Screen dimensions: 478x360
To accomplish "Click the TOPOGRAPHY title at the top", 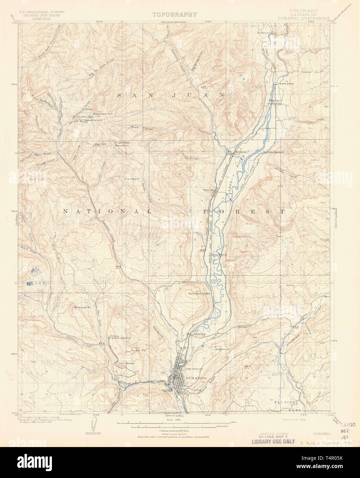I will [175, 14].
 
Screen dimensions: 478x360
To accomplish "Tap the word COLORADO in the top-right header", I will [303, 11].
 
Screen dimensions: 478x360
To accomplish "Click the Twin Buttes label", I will [126, 363].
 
